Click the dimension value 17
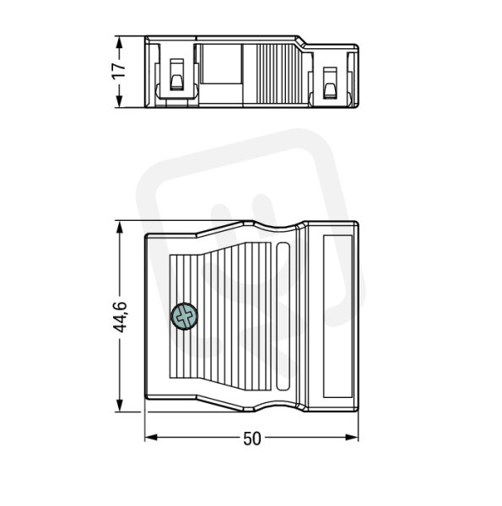[119, 71]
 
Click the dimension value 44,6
[120, 317]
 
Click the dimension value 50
[252, 439]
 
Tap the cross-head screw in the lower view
[184, 316]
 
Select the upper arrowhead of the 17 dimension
[119, 43]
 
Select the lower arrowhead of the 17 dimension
[119, 100]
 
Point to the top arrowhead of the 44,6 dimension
[120, 229]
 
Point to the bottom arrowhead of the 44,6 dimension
[120, 405]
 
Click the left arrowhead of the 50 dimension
[151, 438]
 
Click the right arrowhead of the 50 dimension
[352, 438]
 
